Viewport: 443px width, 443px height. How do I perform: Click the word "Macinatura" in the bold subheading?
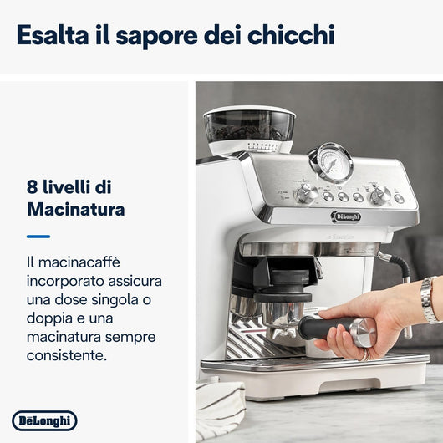coord(75,209)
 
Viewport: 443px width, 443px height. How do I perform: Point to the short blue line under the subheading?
coord(38,237)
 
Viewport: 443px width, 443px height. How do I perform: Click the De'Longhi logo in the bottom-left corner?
coord(44,420)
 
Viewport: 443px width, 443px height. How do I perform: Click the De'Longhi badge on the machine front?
coord(346,216)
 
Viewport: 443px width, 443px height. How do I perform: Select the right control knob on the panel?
coord(379,195)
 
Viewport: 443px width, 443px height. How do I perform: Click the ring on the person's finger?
coord(366,353)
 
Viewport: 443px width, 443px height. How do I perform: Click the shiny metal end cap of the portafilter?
coord(364,333)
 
